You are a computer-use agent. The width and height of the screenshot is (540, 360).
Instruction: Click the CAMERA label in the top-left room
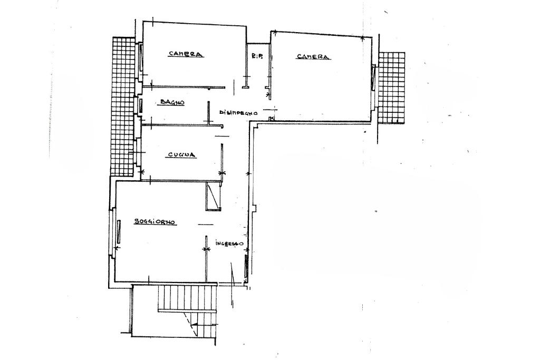[186, 54]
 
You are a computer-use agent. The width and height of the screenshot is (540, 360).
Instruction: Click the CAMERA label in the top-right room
[313, 57]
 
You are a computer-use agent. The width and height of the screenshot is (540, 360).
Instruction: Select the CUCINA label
[182, 155]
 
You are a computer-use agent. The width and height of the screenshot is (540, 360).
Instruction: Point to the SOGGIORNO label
[155, 222]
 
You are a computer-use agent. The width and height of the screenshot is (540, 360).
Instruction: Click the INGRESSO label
[229, 244]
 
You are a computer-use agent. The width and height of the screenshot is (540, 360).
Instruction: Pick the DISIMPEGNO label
[238, 112]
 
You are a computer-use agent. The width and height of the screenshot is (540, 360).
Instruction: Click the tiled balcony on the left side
[123, 105]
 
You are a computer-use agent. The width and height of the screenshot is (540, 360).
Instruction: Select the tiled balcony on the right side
[391, 87]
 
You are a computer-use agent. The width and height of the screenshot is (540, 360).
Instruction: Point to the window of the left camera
[141, 55]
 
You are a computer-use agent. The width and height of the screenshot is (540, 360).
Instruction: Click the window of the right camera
[373, 78]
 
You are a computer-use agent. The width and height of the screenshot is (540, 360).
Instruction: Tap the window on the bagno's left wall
[140, 104]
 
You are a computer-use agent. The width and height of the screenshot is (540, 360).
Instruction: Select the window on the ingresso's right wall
[246, 265]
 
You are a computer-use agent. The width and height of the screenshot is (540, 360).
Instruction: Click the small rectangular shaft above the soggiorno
[213, 197]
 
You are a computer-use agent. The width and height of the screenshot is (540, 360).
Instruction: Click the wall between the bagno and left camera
[187, 87]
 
